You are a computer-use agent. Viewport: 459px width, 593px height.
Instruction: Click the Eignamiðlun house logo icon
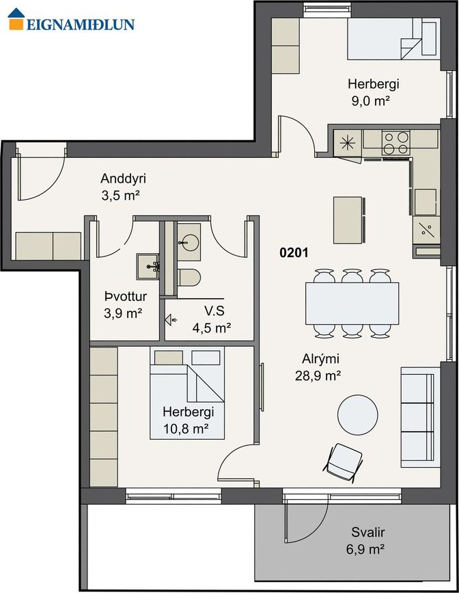16,19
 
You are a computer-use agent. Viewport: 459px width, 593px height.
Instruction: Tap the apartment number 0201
294,252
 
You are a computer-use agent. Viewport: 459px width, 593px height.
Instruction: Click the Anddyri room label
123,179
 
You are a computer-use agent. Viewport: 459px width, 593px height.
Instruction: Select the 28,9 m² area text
318,376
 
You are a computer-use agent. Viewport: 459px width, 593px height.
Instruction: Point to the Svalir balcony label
367,533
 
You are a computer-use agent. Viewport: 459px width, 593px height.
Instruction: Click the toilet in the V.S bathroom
189,278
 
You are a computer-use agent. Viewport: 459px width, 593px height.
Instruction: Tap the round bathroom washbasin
189,242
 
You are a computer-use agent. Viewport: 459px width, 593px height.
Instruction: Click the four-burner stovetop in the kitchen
396,142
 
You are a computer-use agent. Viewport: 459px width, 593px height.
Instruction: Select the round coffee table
357,415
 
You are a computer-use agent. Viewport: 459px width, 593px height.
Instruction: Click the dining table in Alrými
352,304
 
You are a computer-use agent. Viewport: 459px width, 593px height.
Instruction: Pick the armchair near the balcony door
344,462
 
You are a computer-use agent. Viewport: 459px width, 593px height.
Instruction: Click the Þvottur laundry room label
126,297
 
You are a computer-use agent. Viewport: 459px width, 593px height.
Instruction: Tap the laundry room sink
148,266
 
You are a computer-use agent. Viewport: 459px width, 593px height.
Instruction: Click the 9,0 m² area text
371,101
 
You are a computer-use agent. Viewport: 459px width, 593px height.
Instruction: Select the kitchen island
349,220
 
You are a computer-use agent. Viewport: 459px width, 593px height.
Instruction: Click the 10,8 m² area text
186,429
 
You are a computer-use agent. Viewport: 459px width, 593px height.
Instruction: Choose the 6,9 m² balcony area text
365,549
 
